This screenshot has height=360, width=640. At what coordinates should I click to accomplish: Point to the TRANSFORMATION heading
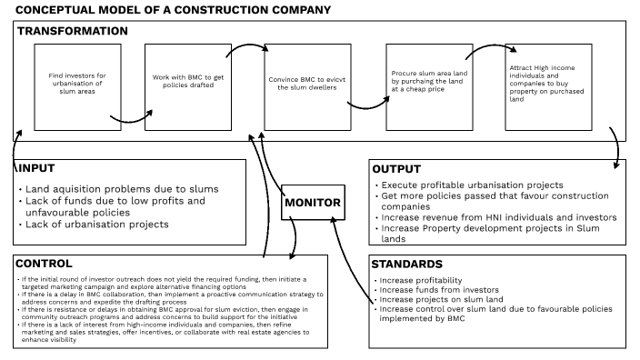[x=72, y=31]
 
